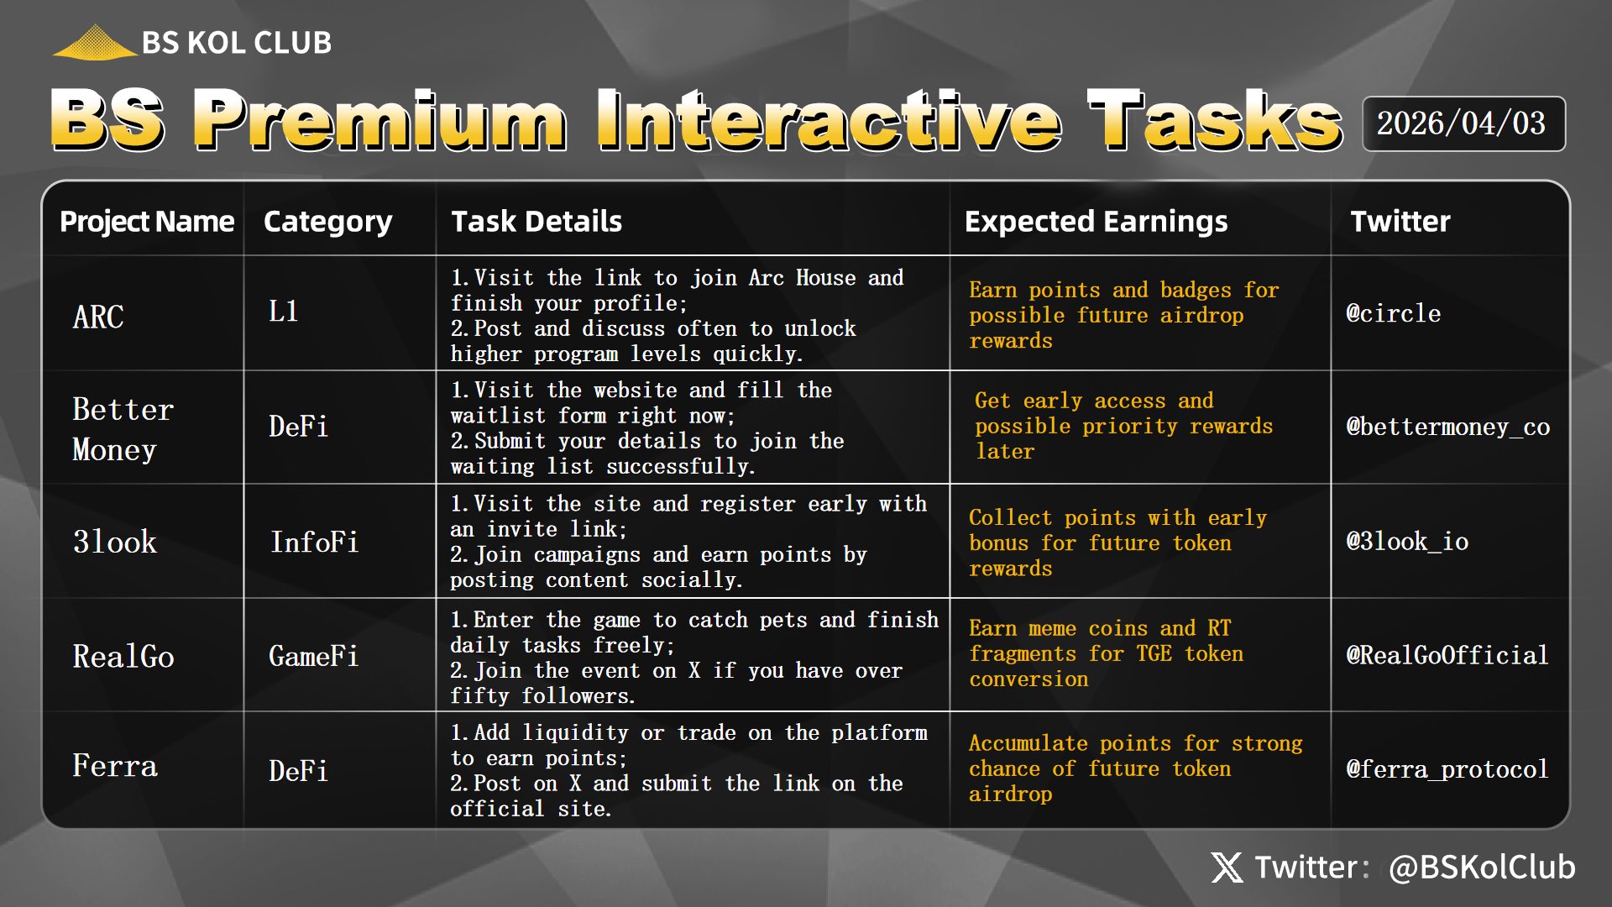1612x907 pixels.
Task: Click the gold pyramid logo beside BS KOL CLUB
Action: click(95, 42)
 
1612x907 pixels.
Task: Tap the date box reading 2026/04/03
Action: click(1463, 123)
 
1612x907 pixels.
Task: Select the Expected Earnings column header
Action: click(1096, 222)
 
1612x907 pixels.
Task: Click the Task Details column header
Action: click(536, 222)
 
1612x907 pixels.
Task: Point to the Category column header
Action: click(327, 223)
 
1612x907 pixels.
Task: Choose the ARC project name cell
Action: click(98, 317)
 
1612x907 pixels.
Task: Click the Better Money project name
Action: click(123, 429)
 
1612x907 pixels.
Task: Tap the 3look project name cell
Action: click(115, 542)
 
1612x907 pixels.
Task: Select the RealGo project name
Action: click(123, 656)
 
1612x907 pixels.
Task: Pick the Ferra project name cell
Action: click(115, 766)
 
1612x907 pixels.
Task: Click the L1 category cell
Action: click(284, 312)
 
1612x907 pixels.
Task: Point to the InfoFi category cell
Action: click(314, 542)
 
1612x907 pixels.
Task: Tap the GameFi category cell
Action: click(313, 656)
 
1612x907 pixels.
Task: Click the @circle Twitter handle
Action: click(1394, 313)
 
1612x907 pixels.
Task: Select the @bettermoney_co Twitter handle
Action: click(1448, 427)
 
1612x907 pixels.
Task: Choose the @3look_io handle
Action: click(1407, 541)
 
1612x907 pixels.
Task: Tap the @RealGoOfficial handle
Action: click(1447, 655)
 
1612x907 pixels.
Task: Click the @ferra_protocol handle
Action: click(1447, 769)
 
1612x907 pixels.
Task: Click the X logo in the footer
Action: click(1227, 868)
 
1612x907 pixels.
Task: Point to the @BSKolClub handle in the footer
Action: click(1482, 868)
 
